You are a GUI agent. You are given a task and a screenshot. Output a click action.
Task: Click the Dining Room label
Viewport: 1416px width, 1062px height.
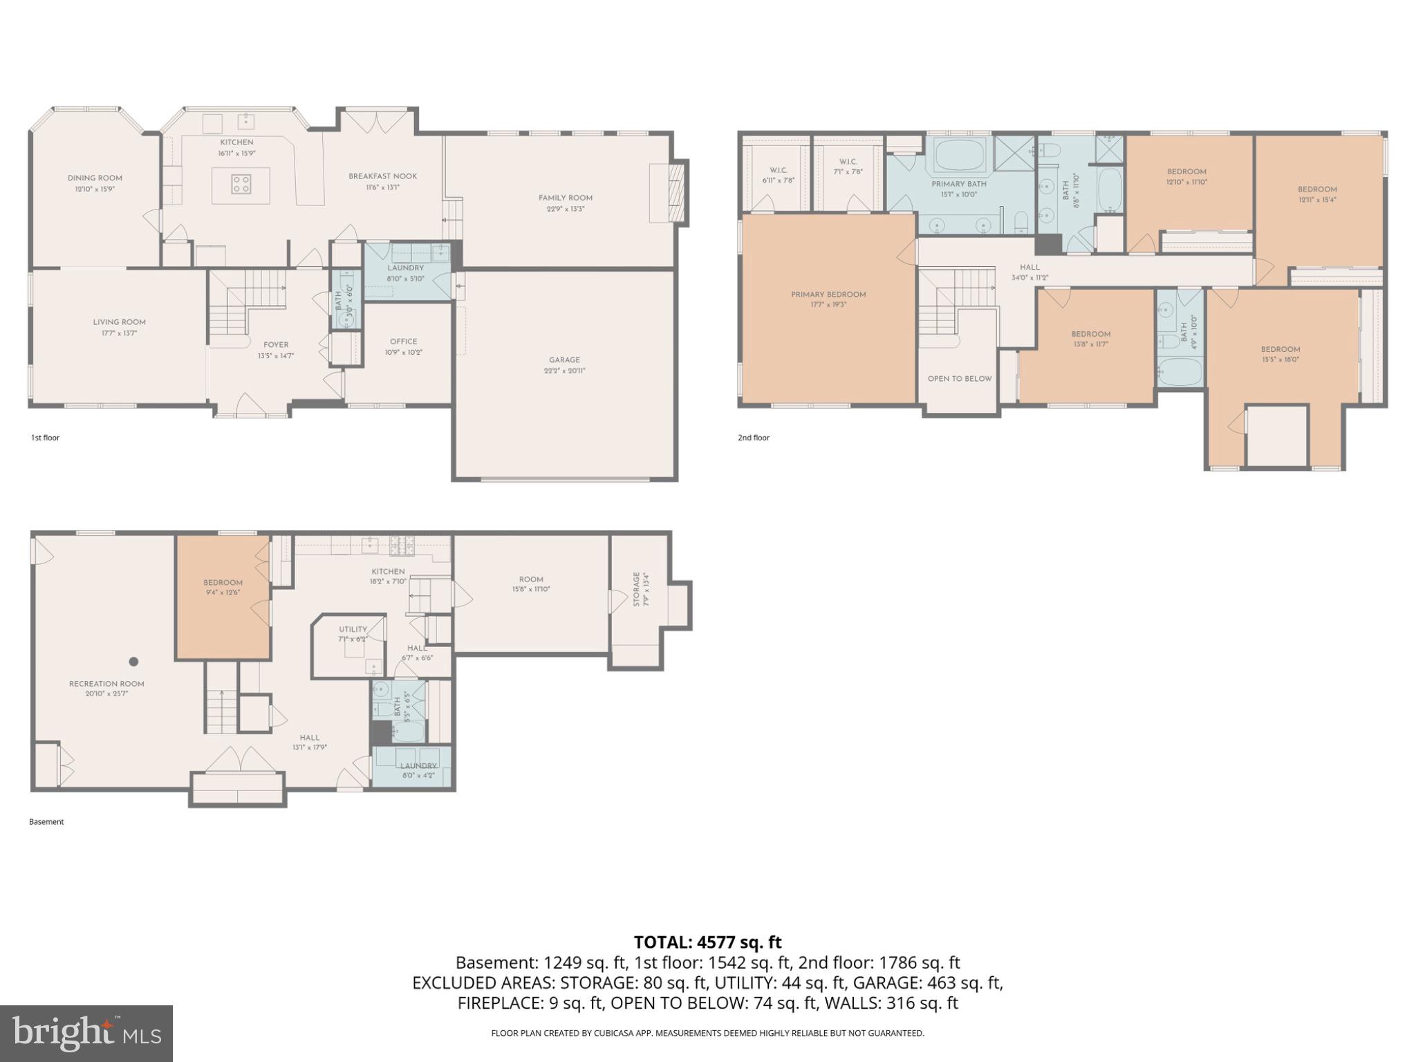[95, 178]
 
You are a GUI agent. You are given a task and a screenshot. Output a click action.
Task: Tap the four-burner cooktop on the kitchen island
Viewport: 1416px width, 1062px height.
[241, 184]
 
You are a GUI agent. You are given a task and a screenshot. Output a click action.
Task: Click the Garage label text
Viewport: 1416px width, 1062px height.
[564, 360]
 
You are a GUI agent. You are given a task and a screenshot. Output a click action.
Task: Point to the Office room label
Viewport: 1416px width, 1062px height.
[403, 342]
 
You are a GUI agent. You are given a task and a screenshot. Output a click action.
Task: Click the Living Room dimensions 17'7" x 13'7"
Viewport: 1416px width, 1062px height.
[119, 333]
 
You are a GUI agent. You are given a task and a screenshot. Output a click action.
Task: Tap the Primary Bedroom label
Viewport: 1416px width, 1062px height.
[828, 295]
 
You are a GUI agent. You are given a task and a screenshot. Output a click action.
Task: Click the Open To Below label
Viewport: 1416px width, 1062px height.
[959, 379]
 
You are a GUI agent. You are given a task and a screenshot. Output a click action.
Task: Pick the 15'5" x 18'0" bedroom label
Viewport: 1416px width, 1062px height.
[1280, 350]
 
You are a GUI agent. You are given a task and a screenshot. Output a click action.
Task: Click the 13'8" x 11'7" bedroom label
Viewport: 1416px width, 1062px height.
[1090, 335]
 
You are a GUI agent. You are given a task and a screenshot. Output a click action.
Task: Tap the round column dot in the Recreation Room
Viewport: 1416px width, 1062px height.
[133, 662]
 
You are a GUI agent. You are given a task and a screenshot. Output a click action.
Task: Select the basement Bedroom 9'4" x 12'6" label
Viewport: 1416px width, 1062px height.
[223, 583]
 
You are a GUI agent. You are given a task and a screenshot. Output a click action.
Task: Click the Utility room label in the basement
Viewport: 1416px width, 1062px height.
[353, 629]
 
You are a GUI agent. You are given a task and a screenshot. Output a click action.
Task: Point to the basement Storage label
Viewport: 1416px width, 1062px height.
[637, 589]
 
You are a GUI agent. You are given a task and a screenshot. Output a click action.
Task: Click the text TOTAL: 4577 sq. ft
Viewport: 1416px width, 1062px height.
[707, 942]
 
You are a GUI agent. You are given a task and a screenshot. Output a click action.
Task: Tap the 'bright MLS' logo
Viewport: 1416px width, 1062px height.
[86, 1033]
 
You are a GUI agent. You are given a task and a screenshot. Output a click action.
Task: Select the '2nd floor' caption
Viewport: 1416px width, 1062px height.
[753, 438]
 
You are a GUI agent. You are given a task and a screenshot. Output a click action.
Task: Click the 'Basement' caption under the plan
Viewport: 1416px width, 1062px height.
[46, 822]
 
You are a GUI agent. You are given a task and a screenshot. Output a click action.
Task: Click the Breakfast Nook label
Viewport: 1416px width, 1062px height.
[382, 176]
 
